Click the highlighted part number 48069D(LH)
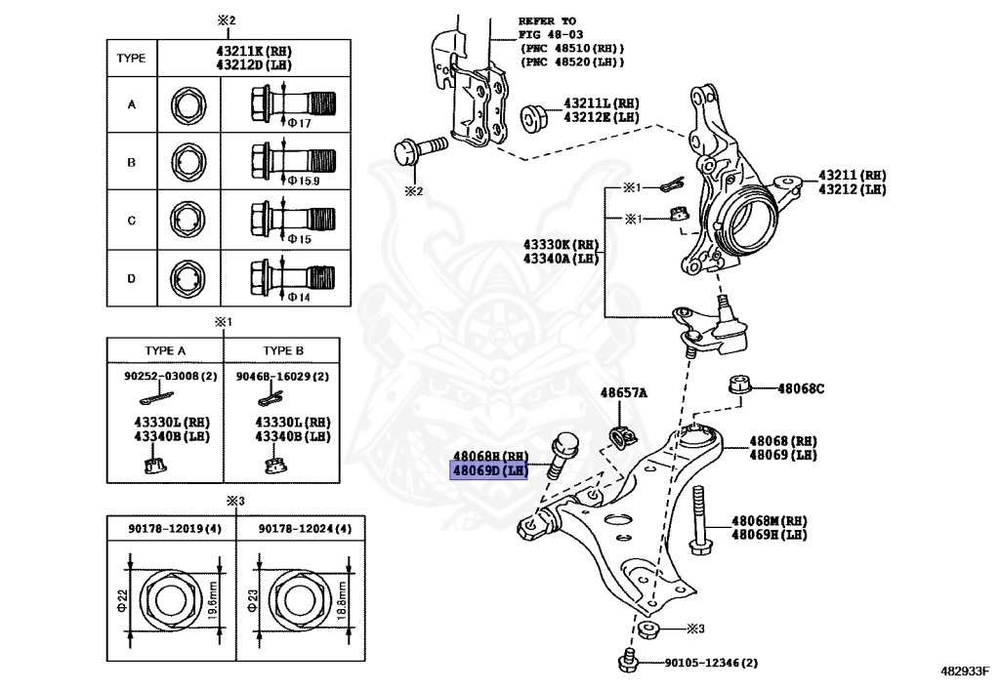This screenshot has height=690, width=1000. click(488, 470)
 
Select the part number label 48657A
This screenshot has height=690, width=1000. click(623, 392)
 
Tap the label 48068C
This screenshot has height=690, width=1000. click(801, 388)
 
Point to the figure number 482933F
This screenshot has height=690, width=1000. click(965, 671)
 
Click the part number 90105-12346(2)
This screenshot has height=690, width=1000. click(710, 664)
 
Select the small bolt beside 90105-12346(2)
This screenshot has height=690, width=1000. click(628, 663)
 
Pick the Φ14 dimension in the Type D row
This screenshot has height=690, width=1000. click(299, 297)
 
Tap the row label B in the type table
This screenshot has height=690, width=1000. click(132, 162)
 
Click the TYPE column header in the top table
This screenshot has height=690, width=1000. click(131, 59)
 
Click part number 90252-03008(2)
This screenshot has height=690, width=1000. click(166, 375)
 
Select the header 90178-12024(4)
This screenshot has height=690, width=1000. click(293, 529)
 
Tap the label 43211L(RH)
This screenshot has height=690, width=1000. click(601, 102)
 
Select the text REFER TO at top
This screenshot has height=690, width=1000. click(548, 20)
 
